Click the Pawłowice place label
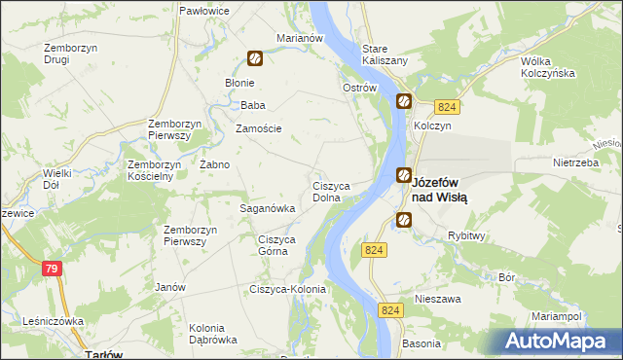click(203, 10)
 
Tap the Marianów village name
click(299, 38)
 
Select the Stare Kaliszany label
click(384, 54)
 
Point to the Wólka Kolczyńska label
click(549, 66)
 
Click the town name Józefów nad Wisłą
click(440, 190)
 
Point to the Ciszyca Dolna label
click(337, 191)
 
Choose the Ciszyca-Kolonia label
click(288, 289)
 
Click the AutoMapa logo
click(555, 342)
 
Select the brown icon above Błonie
click(254, 58)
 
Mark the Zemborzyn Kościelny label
click(150, 170)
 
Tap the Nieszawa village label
click(437, 300)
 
